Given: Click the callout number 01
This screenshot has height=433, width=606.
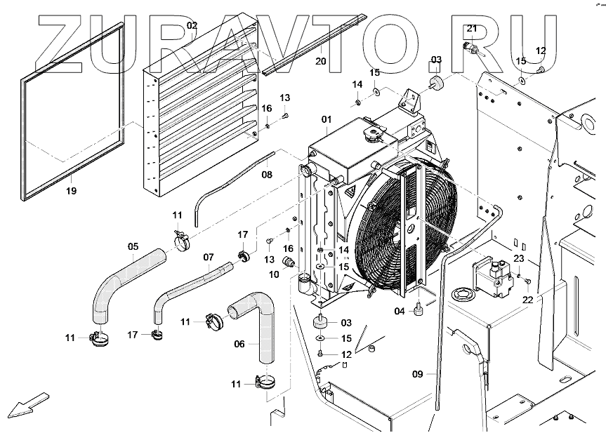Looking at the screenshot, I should coord(326,120).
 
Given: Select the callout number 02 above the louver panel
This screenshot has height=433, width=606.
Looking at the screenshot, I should coord(192,26).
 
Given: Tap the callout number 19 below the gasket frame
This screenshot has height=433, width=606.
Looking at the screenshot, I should coord(72,190).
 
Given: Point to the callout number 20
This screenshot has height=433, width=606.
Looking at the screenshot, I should coord(321,61).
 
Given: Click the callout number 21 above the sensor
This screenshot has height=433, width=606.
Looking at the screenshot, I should coord(472,28).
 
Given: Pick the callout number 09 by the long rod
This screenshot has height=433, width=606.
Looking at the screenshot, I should coord(418,374).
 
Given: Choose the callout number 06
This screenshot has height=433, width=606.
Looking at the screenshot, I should coord(239,344).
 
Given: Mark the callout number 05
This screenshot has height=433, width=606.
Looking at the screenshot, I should coord(132,246).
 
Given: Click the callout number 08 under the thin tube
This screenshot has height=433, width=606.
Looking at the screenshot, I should coord(267,173).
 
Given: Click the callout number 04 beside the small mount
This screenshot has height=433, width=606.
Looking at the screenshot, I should coord(400,311).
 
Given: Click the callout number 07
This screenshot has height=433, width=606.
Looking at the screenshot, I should coord(208,258).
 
